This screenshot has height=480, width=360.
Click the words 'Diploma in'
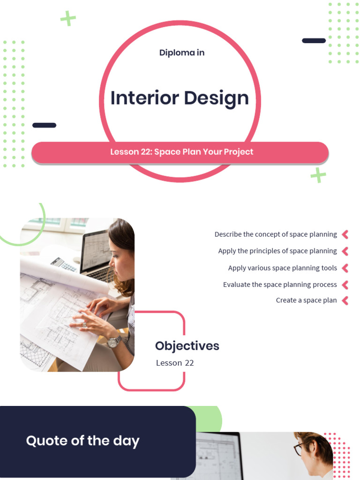(x=182, y=52)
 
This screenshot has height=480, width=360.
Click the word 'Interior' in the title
(x=144, y=98)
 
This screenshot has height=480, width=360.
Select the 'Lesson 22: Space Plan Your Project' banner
(x=181, y=152)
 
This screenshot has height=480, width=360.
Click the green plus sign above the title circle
(x=68, y=19)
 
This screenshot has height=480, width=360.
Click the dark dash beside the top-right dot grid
(x=314, y=41)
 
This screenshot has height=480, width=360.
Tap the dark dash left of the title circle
(x=44, y=125)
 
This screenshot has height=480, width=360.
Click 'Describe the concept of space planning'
(x=276, y=234)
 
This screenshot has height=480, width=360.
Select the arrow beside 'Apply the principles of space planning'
(x=345, y=251)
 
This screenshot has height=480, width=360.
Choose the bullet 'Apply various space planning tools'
(x=282, y=268)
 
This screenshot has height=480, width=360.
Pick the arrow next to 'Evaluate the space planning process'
(x=345, y=285)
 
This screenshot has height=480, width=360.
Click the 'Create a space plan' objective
(x=306, y=300)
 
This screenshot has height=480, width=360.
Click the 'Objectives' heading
(x=187, y=346)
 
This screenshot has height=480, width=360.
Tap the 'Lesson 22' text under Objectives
(x=175, y=363)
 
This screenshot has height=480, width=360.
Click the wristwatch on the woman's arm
(x=113, y=342)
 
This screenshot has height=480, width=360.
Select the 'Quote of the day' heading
(x=82, y=441)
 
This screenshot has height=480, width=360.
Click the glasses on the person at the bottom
(x=298, y=449)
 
